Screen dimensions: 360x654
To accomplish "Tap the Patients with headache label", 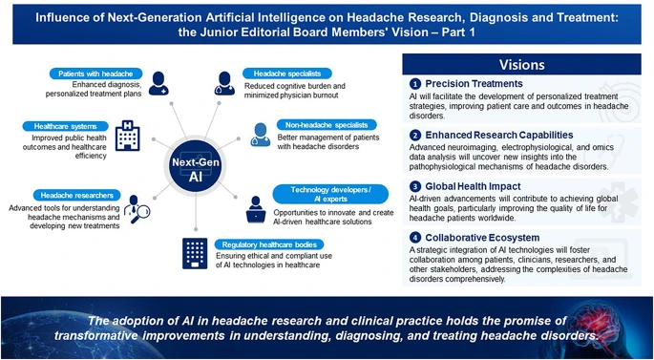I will click(x=96, y=74).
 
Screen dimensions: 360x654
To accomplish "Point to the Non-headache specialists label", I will click(x=316, y=124).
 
